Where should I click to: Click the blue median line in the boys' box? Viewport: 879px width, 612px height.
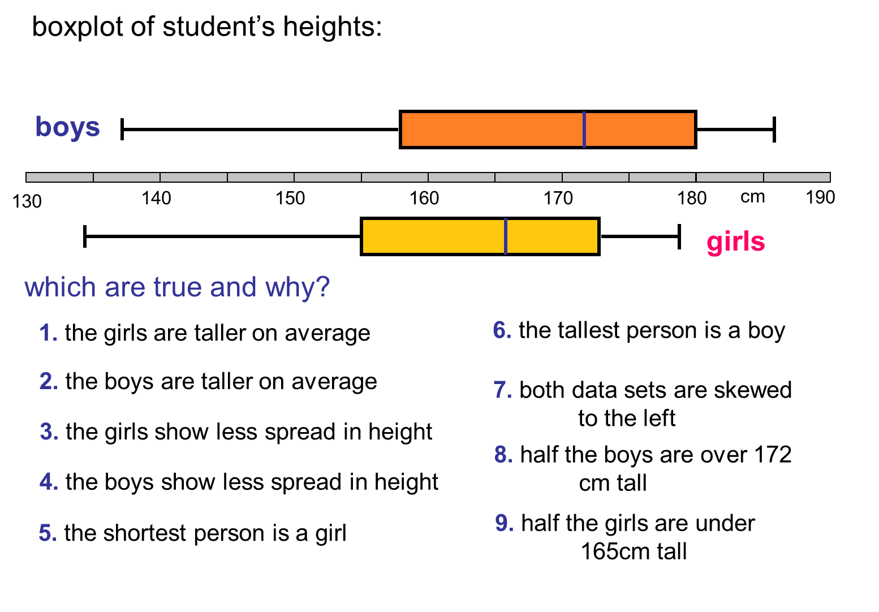click(584, 130)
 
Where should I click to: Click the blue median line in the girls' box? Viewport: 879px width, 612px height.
click(506, 236)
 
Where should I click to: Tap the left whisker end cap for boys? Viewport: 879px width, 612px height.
click(122, 130)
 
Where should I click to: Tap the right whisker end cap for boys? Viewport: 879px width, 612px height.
click(774, 130)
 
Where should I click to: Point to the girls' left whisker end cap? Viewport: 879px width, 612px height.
click(85, 236)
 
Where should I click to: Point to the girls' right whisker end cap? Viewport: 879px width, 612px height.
click(679, 236)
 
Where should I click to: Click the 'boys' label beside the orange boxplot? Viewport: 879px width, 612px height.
click(67, 127)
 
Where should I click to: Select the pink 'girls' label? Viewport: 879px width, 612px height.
click(735, 242)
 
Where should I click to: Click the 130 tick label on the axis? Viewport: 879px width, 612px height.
click(27, 201)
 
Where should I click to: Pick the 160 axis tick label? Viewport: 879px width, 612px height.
click(424, 199)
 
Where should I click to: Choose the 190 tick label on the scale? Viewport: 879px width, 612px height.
click(820, 197)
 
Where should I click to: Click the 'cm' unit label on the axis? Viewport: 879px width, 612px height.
click(752, 197)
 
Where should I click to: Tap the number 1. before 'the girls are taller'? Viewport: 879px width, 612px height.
click(48, 333)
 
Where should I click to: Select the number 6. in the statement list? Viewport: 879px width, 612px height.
click(502, 330)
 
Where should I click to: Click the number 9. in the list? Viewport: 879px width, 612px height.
click(504, 523)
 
